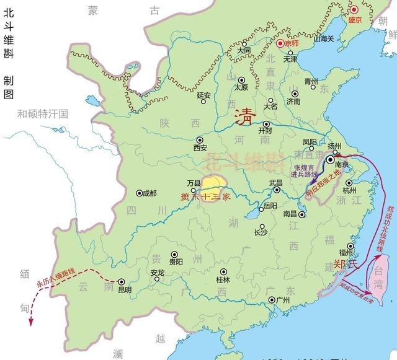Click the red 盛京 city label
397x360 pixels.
coord(354,20)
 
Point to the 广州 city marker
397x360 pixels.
coord(271,301)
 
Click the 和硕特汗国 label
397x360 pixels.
coord(42,113)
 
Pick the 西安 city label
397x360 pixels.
coord(200,148)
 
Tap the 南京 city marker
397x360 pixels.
coord(331,160)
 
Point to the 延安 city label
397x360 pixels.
coord(204,95)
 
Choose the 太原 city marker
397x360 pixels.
coord(243,79)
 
